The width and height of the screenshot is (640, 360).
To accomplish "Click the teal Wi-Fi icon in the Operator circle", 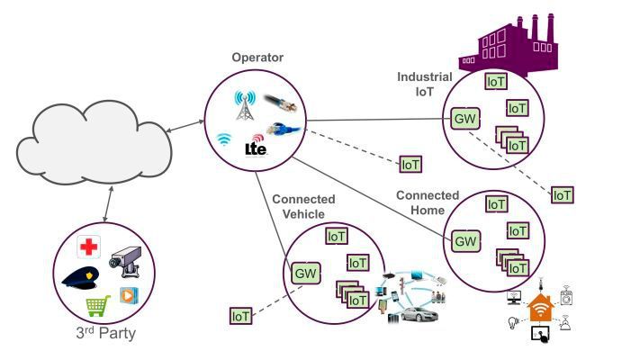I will (x=224, y=139).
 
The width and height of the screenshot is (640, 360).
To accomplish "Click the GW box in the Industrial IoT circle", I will (x=464, y=118).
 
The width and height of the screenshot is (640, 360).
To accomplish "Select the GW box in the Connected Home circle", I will (x=464, y=240).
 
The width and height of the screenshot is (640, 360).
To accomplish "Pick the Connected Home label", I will (x=428, y=202).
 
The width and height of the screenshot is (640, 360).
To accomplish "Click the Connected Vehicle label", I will (x=302, y=206).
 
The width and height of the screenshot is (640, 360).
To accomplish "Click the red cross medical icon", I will (x=88, y=247).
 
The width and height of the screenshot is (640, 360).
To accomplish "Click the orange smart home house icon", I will (x=540, y=310).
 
